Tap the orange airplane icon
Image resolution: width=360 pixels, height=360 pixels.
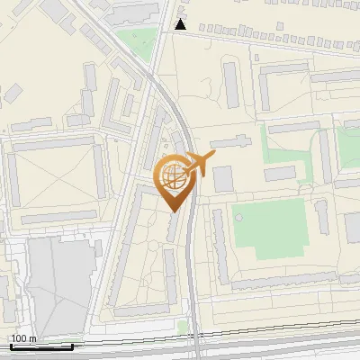pos(200,164)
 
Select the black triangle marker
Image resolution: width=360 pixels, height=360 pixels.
pos(182,24)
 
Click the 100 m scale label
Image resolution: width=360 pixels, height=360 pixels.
pos(23,338)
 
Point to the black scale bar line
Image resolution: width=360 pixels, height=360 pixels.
pos(40,346)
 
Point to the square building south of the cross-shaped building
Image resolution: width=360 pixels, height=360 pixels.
pos(222,178)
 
